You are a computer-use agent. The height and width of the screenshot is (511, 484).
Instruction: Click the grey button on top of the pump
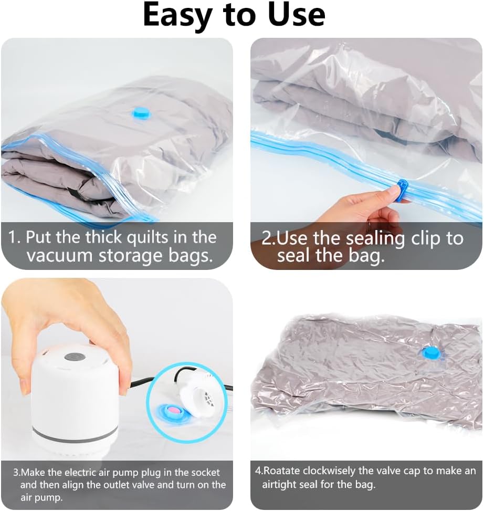[x=75, y=357]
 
